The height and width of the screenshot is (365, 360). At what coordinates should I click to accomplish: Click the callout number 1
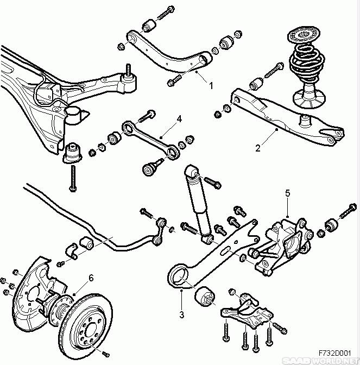click(211, 85)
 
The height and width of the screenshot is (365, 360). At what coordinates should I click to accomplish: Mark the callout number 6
click(91, 278)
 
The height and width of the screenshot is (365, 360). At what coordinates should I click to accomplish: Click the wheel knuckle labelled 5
click(282, 239)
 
